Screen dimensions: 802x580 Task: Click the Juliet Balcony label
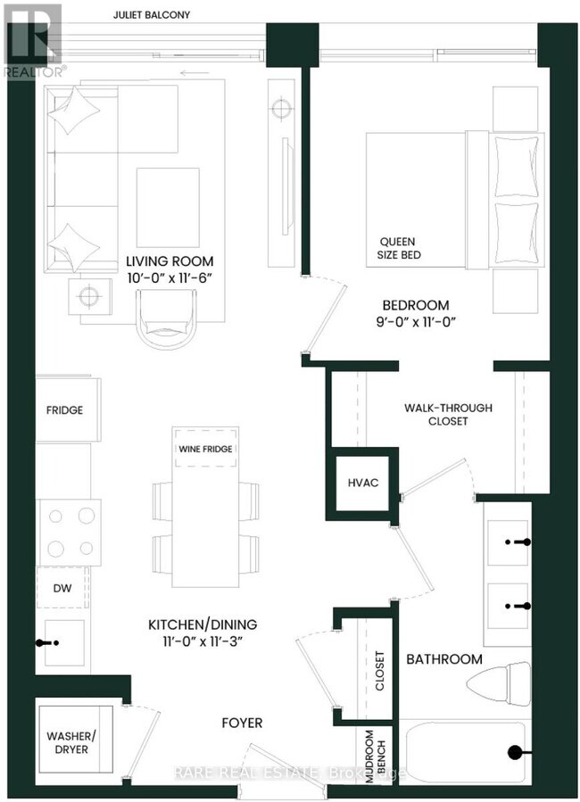point(152,15)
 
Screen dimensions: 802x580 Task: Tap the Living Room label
point(170,261)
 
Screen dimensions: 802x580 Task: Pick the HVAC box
point(363,483)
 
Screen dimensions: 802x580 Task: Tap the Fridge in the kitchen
point(65,410)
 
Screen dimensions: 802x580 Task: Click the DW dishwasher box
point(62,588)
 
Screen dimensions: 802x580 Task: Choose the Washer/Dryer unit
point(75,742)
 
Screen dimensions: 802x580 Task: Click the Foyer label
point(240,722)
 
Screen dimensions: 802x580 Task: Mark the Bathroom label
point(444,659)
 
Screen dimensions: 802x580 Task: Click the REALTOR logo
point(30,40)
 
